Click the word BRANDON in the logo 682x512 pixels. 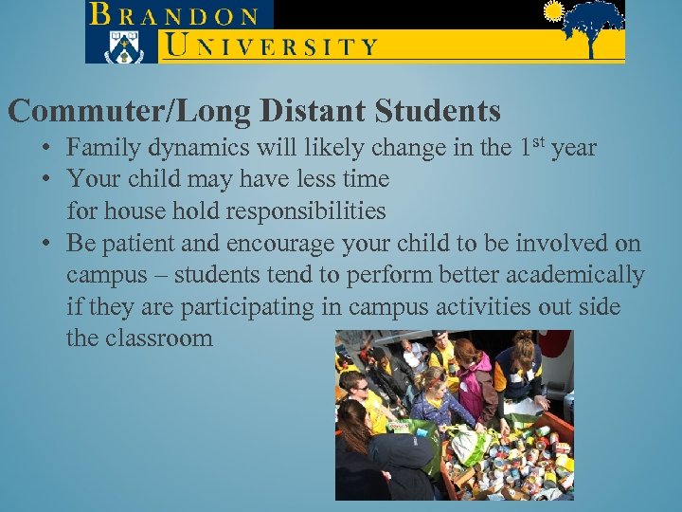point(175,15)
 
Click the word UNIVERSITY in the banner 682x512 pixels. point(271,45)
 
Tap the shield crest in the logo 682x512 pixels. point(120,45)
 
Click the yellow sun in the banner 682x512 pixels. point(554,12)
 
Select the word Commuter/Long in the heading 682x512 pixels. point(129,112)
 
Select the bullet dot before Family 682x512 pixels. point(45,149)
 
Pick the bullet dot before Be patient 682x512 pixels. point(45,244)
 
